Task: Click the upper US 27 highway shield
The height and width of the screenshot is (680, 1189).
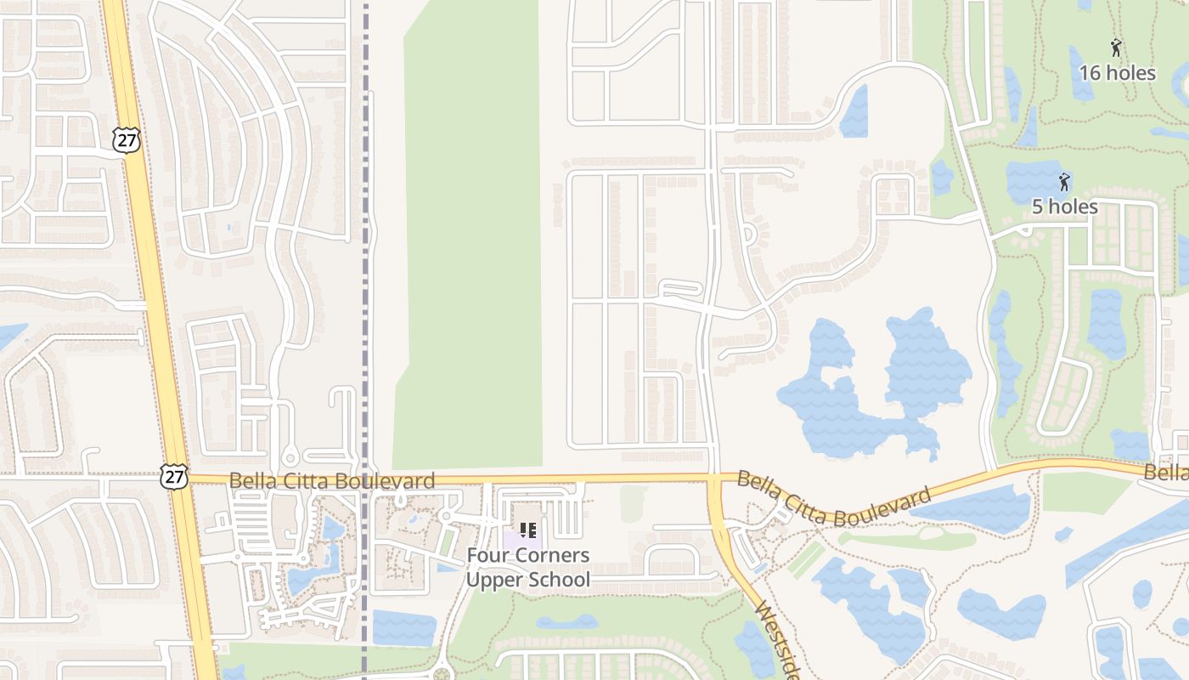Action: [x=127, y=140]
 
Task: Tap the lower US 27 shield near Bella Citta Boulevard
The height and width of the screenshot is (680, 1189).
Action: [x=173, y=477]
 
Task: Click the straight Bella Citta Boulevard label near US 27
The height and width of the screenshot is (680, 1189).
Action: [x=332, y=480]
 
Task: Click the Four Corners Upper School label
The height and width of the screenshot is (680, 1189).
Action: [x=527, y=568]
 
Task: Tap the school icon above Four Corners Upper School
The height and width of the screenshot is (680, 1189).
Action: [x=527, y=530]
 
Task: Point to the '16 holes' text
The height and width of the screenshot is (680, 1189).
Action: [x=1117, y=73]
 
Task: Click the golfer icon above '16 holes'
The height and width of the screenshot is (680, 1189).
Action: [x=1116, y=48]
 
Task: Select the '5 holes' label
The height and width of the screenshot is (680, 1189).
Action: [x=1064, y=207]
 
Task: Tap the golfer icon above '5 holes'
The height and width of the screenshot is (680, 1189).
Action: [x=1063, y=182]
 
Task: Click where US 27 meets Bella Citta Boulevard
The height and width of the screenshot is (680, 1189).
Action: [x=182, y=479]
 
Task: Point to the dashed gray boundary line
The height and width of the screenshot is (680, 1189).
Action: [x=365, y=255]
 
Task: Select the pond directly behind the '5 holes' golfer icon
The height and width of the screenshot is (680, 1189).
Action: [x=1036, y=178]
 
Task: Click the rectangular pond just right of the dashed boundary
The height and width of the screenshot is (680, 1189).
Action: [x=403, y=627]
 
